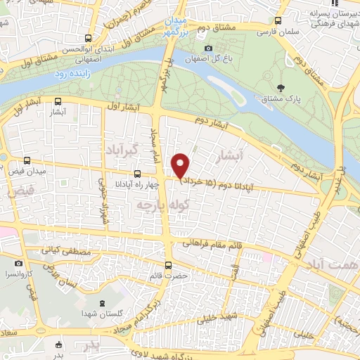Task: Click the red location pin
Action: tap(181, 166)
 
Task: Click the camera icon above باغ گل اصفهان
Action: tap(207, 48)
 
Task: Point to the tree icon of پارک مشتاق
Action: tap(281, 89)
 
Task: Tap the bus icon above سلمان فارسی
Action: tap(279, 22)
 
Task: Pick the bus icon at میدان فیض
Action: tap(27, 160)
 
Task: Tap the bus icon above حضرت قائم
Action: tap(168, 265)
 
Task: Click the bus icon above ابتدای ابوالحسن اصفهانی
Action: tap(87, 38)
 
